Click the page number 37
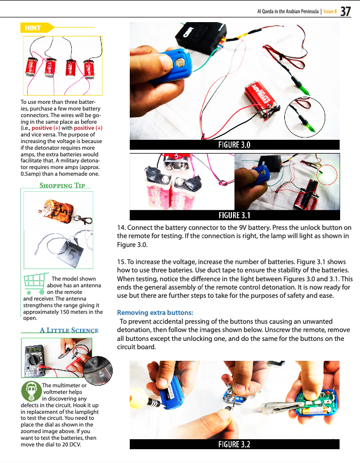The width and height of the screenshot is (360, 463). (346, 11)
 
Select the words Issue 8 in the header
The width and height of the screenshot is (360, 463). (329, 12)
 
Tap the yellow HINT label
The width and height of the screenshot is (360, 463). (35, 28)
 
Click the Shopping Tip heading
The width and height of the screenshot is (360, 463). (62, 185)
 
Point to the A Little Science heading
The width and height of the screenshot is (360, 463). (68, 330)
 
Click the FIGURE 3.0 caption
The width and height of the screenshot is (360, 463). (234, 145)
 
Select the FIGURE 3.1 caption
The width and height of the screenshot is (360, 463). (234, 215)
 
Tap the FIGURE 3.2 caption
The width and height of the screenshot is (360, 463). (234, 444)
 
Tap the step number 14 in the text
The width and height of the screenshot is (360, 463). (121, 228)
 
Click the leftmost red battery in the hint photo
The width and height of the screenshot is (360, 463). (31, 67)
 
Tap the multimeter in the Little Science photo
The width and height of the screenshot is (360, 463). (36, 360)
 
